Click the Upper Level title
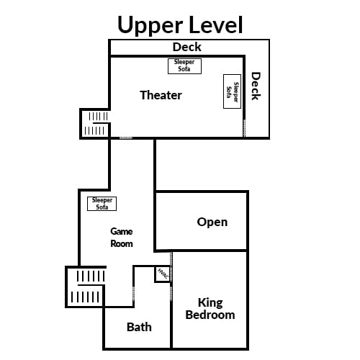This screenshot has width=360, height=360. [x=180, y=25]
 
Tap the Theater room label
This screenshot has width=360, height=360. [x=161, y=95]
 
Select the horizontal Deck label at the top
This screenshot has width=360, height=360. [x=187, y=47]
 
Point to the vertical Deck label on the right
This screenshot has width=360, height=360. [x=256, y=86]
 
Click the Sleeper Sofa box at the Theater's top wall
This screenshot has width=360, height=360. [x=184, y=66]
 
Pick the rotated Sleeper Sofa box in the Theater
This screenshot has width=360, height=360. [x=232, y=91]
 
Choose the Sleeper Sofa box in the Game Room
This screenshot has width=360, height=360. [x=102, y=204]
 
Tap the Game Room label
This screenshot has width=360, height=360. [x=122, y=238]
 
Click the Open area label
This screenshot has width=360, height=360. [x=212, y=222]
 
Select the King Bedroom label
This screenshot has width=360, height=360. [x=210, y=309]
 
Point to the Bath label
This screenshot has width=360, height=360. [x=139, y=327]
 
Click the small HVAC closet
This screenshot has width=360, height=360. [x=163, y=274]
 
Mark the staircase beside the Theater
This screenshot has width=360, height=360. [x=95, y=124]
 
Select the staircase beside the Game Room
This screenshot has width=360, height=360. [x=86, y=287]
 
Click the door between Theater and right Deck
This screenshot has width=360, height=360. [x=244, y=128]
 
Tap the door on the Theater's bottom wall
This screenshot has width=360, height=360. [x=126, y=138]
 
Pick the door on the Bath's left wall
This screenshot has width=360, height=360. [x=134, y=293]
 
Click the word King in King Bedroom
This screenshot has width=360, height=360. [x=210, y=303]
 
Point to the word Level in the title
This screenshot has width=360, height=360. [x=216, y=24]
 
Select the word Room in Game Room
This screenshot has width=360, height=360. [x=122, y=243]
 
